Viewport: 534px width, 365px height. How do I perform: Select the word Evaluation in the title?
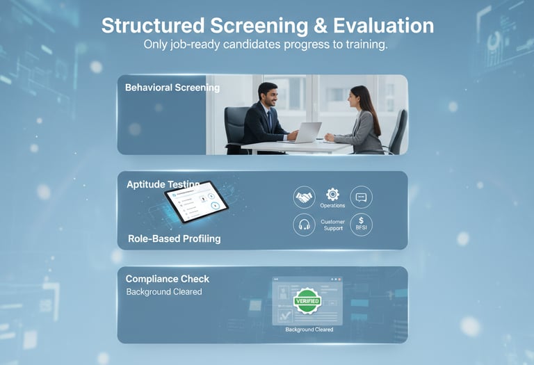[374, 26]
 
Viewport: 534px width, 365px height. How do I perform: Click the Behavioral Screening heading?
[172, 88]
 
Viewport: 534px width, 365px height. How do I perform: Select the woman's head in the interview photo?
[359, 98]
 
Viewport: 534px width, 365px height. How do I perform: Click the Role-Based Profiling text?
[174, 238]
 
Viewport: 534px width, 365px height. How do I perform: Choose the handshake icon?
[304, 197]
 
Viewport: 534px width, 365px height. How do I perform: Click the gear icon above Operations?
[332, 195]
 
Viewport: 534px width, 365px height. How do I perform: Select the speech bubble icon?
[361, 197]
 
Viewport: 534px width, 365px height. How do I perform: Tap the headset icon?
[304, 225]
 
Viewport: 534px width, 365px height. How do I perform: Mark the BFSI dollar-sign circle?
[361, 224]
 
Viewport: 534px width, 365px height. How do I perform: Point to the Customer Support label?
[332, 225]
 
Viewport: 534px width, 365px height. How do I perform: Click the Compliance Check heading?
[167, 279]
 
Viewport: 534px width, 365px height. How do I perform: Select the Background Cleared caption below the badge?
[309, 330]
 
